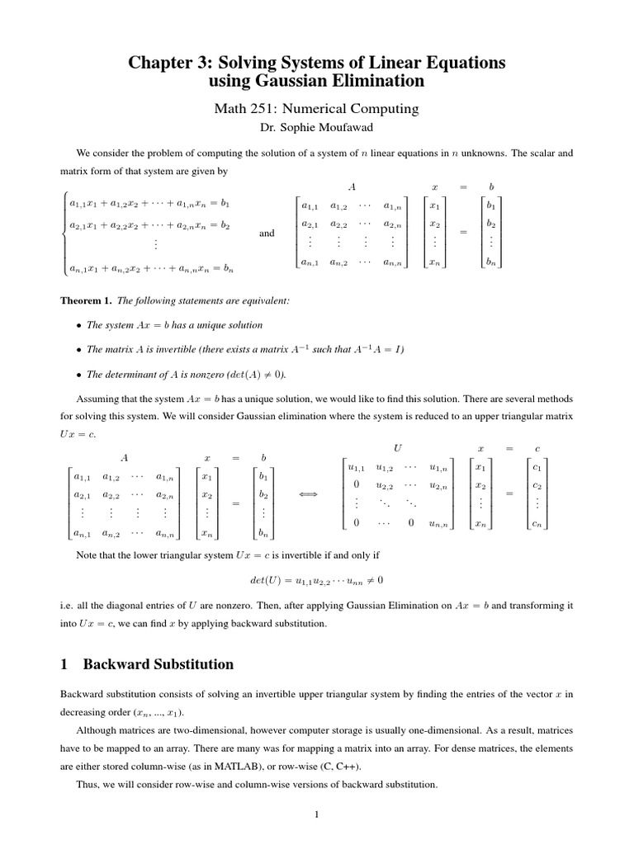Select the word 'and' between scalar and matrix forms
[267, 234]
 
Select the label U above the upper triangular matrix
[398, 447]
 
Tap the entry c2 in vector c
[537, 486]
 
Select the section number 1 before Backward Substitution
[65, 664]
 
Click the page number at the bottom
[316, 815]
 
